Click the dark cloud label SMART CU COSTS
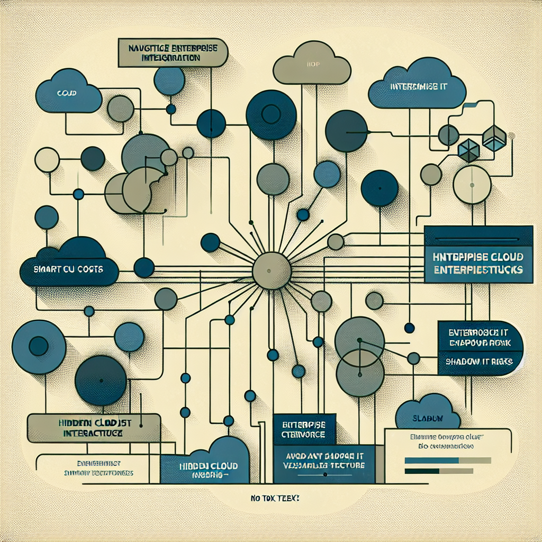[69, 269]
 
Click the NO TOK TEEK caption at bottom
[272, 498]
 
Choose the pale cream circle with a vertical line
[473, 184]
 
